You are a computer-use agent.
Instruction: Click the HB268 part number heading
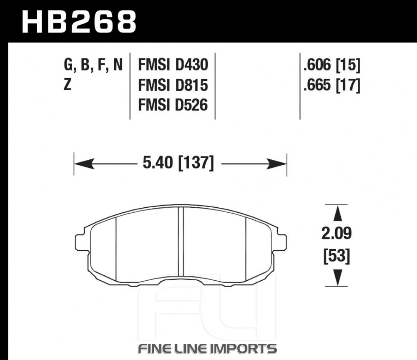pyautogui.click(x=79, y=22)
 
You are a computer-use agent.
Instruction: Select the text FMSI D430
pyautogui.click(x=173, y=65)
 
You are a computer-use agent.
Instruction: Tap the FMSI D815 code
pyautogui.click(x=173, y=85)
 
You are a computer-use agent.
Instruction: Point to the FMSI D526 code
pyautogui.click(x=173, y=105)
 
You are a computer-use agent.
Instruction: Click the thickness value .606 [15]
pyautogui.click(x=332, y=65)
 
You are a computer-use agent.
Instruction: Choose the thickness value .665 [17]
pyautogui.click(x=332, y=85)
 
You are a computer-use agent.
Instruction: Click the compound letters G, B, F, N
pyautogui.click(x=93, y=65)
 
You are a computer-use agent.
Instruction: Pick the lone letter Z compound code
pyautogui.click(x=68, y=85)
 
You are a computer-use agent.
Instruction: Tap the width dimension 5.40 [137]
pyautogui.click(x=178, y=163)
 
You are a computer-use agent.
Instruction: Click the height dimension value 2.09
pyautogui.click(x=337, y=233)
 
